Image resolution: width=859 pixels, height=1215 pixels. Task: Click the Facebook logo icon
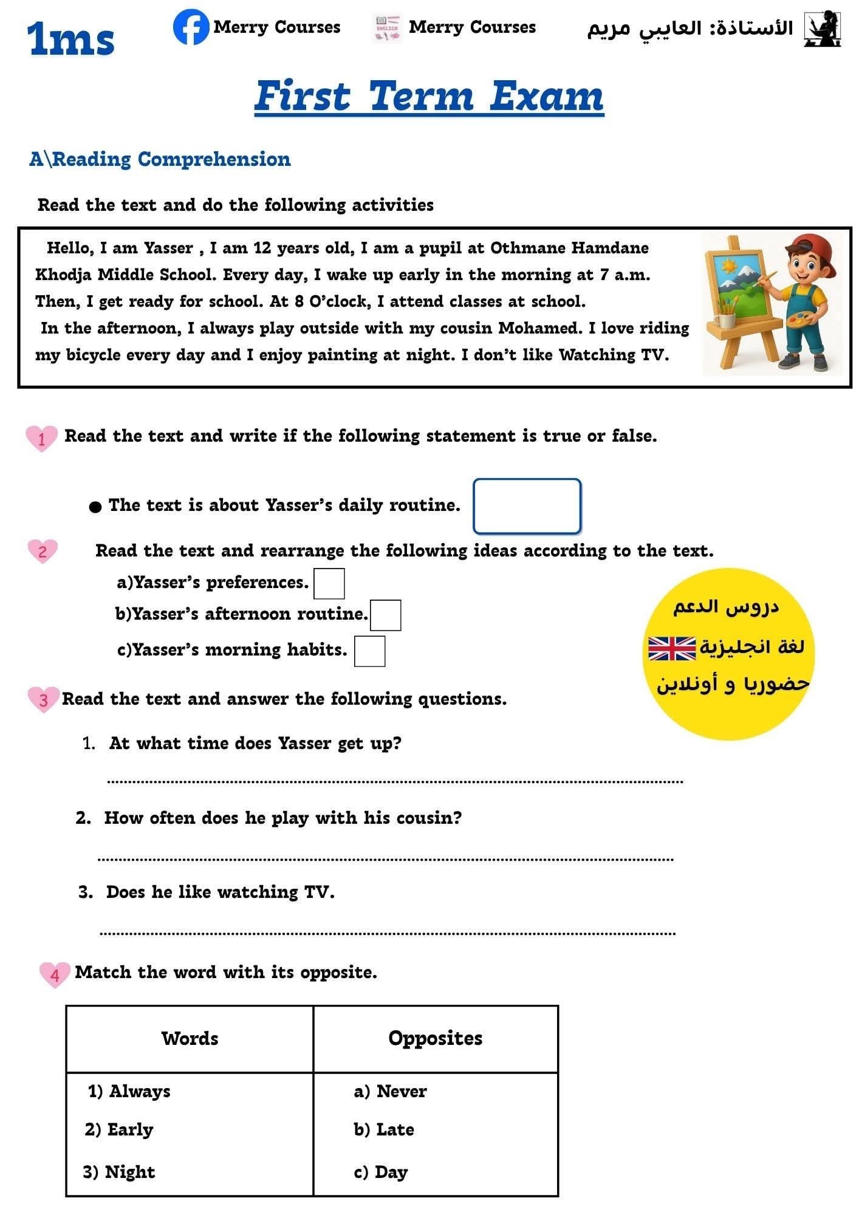(x=191, y=27)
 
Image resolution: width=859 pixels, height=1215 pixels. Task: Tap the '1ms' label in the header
(x=70, y=39)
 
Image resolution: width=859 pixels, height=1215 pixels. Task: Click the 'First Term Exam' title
(x=429, y=97)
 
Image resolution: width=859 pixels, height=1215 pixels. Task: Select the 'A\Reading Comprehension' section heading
(x=160, y=159)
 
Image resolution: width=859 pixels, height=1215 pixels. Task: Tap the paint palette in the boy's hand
(x=798, y=320)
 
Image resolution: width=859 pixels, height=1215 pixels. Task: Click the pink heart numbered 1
(x=41, y=438)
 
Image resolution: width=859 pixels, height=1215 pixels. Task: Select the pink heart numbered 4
(x=55, y=974)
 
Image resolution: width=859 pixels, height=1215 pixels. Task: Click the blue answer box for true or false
(x=527, y=506)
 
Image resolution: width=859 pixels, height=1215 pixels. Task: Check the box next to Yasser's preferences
(x=329, y=584)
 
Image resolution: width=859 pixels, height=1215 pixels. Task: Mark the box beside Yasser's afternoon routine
(x=385, y=615)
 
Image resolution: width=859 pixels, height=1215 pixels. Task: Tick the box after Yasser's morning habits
(x=369, y=651)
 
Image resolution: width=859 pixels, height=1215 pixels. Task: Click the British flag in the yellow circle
(x=671, y=649)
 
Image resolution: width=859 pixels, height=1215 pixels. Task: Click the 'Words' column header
(x=190, y=1038)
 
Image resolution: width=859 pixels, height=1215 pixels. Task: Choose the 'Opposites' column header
(x=435, y=1038)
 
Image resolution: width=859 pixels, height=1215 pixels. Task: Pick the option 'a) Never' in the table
(x=391, y=1092)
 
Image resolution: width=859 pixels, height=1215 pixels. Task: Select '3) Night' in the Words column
(x=119, y=1172)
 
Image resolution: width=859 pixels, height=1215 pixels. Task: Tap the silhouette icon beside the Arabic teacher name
(x=822, y=29)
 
